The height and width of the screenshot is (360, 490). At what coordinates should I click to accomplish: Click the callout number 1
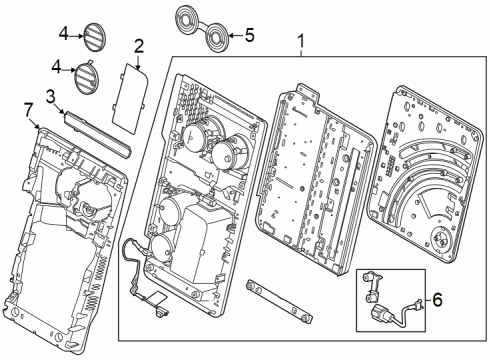coord(301,41)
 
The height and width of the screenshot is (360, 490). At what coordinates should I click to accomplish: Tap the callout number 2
coord(139,46)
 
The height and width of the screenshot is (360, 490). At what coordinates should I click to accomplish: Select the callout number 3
coord(50,97)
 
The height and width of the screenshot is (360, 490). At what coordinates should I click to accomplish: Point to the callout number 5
coord(250,35)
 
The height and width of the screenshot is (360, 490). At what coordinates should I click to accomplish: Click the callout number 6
coord(437,299)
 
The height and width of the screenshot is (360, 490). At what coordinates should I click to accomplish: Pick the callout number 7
coord(29,110)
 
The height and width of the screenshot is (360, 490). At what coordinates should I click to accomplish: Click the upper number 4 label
coord(64,34)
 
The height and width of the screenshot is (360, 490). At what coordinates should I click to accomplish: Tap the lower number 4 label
coord(56,68)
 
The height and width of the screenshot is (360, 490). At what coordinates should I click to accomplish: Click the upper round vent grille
coord(94,37)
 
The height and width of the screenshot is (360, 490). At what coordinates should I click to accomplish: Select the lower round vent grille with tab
coord(86,77)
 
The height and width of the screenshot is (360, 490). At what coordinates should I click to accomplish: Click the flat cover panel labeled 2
coord(130,99)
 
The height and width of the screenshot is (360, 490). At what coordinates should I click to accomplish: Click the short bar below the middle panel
coord(279,301)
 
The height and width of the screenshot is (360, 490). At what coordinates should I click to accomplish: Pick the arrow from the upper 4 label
coord(77,35)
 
